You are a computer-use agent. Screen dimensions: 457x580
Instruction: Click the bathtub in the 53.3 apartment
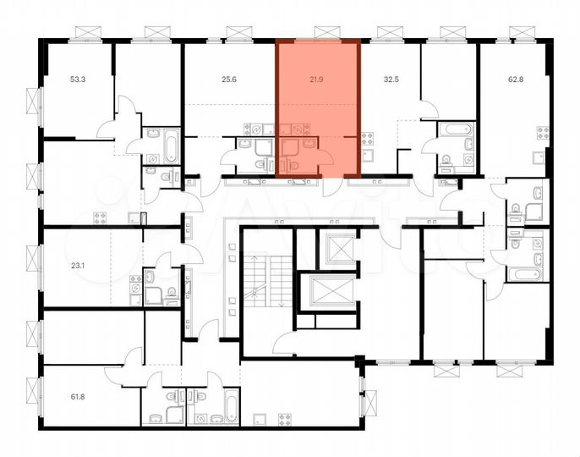tap(170, 146)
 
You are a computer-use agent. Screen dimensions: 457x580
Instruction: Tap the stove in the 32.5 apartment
tap(367, 140)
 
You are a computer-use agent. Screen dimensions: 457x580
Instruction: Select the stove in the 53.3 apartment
tap(100, 216)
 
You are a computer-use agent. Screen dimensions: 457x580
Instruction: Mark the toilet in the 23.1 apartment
tap(171, 294)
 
